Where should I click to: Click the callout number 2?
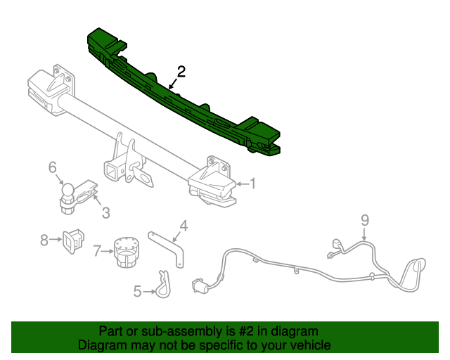(x=181, y=71)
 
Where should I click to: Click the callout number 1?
(x=253, y=184)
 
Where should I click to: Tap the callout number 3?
(x=105, y=212)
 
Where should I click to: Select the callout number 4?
(x=184, y=225)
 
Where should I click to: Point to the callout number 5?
(x=138, y=290)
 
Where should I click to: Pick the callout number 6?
(x=52, y=167)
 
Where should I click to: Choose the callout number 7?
(x=97, y=250)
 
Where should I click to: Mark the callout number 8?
(x=44, y=240)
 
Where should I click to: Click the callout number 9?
(x=365, y=220)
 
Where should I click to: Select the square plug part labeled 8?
(x=72, y=240)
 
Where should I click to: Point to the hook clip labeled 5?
(x=163, y=285)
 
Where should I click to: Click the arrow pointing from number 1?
(x=241, y=184)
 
